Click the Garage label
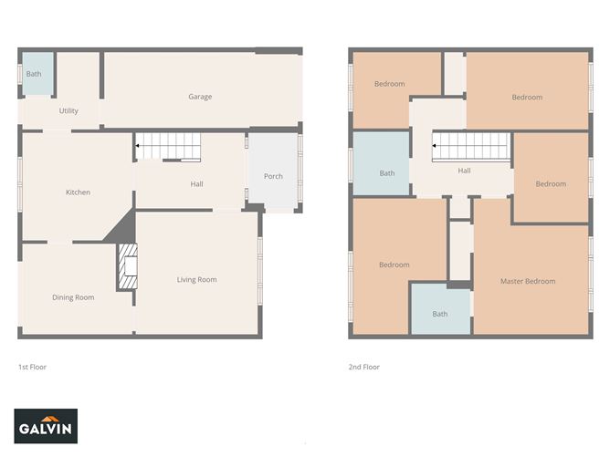point(200,97)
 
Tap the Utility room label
point(68,111)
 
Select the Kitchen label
point(78,192)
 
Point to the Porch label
point(273,177)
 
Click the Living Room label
point(196,280)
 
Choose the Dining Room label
point(73,297)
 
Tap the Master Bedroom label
point(528,281)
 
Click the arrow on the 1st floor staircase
point(138,146)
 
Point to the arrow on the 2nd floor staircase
point(435,146)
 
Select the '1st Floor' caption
point(32,367)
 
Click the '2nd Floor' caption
point(363,367)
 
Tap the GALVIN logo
point(47,426)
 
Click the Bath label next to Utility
point(34,74)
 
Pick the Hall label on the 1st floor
point(196,184)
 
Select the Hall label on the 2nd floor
point(464,171)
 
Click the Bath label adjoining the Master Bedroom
point(440,314)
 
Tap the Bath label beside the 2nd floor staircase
point(387,173)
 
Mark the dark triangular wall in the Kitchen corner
point(122,230)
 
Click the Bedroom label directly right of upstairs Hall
point(551,184)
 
